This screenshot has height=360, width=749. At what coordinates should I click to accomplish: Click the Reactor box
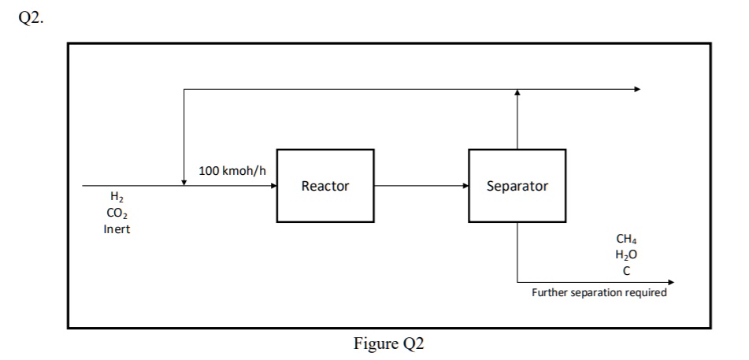[x=324, y=186]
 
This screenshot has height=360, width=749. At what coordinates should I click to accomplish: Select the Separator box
[x=517, y=186]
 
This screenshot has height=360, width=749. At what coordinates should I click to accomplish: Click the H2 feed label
[x=117, y=198]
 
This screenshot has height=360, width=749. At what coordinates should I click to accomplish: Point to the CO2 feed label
[x=117, y=213]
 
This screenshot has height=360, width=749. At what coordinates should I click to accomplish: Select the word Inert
[x=117, y=229]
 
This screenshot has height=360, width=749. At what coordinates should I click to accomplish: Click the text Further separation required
[x=599, y=292]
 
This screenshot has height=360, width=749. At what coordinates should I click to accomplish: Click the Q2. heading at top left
[x=31, y=20]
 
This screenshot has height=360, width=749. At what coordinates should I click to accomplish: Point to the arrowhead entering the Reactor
[x=273, y=187]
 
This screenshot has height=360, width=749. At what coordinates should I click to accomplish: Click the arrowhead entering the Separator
[x=465, y=187]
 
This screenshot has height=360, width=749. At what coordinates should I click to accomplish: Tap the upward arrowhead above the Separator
[x=517, y=93]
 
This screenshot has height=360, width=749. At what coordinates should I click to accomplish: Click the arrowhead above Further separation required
[x=670, y=281]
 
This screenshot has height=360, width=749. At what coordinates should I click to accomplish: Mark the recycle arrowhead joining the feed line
[x=184, y=183]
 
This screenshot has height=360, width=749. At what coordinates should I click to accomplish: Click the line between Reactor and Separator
[x=417, y=187]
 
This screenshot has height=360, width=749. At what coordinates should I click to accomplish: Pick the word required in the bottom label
[x=646, y=292]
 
